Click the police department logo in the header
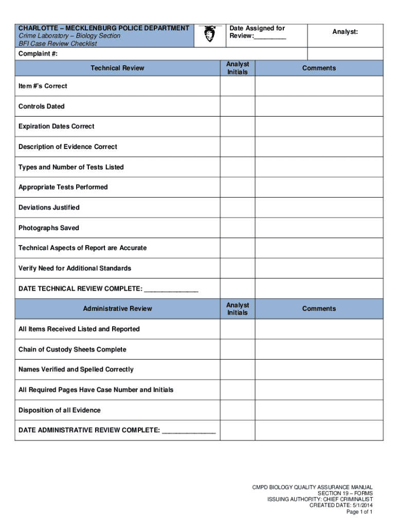tap(209, 34)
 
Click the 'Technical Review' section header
tap(117, 68)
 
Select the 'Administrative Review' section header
tap(117, 309)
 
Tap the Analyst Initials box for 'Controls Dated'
tap(238, 106)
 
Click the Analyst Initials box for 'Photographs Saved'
tap(238, 228)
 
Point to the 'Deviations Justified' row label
tap(49, 208)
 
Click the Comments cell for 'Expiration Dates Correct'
tap(319, 126)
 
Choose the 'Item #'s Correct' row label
tap(43, 86)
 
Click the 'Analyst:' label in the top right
tap(345, 32)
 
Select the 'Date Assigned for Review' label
tap(257, 32)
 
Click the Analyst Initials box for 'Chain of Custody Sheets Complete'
tap(238, 349)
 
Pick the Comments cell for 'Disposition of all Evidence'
tap(319, 410)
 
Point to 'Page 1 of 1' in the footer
tap(359, 512)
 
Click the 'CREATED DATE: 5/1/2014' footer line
tap(340, 505)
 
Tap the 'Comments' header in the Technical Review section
tap(319, 68)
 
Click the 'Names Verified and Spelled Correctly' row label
tap(76, 369)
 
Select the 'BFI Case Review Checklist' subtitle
tap(58, 44)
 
